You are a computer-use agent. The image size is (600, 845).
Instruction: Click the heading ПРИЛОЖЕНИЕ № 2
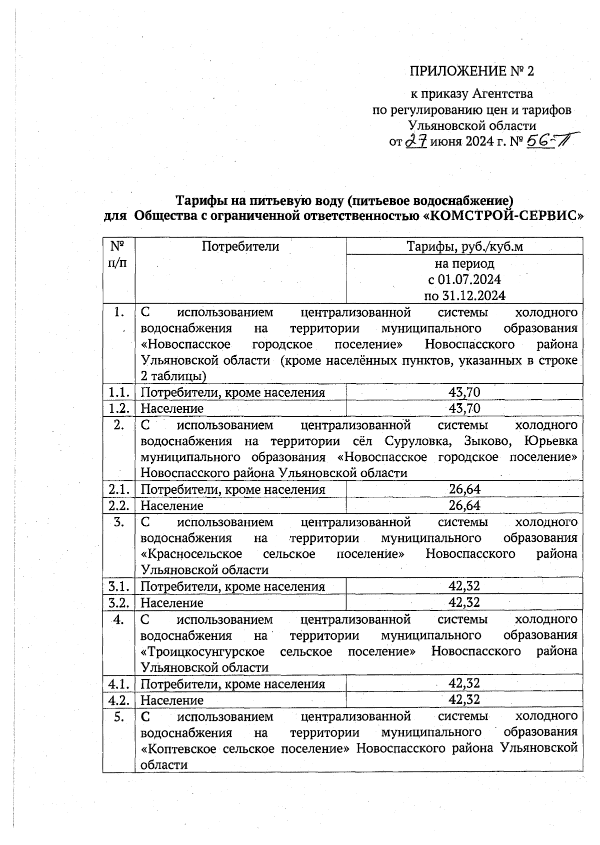point(471,71)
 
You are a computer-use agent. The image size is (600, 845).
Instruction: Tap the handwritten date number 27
point(416,142)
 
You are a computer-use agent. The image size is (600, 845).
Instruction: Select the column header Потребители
point(240,246)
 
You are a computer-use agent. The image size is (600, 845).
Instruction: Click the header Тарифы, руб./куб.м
point(464,246)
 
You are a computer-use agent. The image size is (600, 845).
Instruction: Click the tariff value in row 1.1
point(464,392)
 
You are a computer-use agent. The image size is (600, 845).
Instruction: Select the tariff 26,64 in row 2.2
point(464,505)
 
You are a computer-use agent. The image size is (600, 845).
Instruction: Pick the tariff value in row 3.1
point(464,586)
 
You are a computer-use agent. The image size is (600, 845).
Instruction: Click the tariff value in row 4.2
point(464,699)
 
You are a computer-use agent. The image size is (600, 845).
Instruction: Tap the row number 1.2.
point(119,408)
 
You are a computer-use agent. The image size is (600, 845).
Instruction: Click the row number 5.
point(119,717)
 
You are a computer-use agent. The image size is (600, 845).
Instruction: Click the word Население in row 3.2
point(172,603)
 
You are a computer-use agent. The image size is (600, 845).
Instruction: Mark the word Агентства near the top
point(502,94)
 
